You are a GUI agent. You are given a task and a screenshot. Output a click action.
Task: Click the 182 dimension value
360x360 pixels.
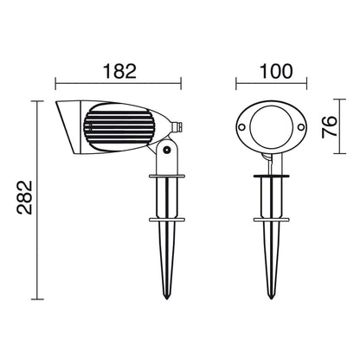(x=119, y=71)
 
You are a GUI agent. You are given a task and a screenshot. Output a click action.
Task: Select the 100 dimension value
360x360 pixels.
(x=276, y=71)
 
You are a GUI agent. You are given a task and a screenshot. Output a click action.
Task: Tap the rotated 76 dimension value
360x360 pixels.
(x=330, y=126)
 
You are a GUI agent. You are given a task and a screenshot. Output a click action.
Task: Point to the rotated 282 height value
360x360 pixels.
(x=24, y=197)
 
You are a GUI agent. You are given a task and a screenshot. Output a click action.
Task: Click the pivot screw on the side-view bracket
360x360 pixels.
(x=166, y=150)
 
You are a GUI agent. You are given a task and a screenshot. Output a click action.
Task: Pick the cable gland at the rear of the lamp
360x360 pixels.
(x=177, y=127)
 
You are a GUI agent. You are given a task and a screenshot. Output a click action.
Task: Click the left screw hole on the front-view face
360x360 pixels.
(x=241, y=127)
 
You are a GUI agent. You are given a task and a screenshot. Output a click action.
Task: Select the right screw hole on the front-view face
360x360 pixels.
(x=301, y=127)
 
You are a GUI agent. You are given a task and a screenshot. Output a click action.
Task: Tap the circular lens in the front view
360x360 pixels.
(x=271, y=126)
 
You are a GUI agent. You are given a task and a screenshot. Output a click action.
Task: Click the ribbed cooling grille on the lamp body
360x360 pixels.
(x=119, y=127)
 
